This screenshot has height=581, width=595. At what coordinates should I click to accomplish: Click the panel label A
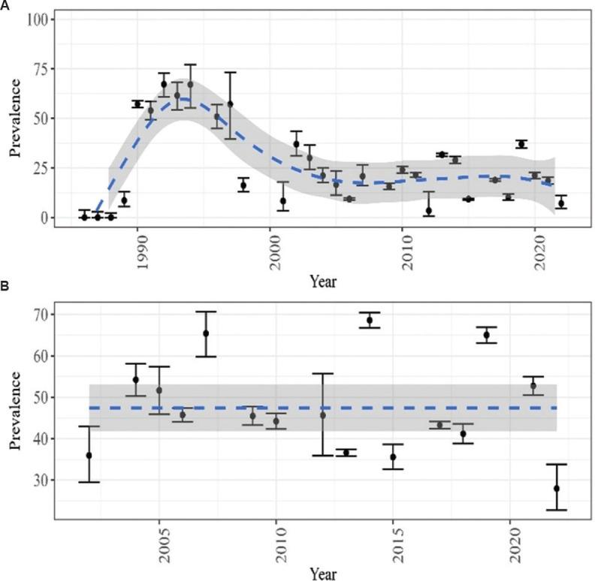[x=5, y=5]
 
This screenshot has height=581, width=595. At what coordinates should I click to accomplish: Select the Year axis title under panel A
[x=323, y=282]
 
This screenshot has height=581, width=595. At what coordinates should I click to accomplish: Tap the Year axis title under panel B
[x=323, y=573]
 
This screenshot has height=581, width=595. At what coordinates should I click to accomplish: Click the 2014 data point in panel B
[x=369, y=321]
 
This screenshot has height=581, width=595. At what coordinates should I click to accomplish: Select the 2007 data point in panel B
[x=205, y=333]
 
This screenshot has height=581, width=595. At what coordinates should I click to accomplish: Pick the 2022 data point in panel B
[x=557, y=489]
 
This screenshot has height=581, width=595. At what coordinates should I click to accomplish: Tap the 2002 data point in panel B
[x=89, y=456]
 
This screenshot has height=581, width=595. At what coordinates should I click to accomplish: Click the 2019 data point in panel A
[x=521, y=143]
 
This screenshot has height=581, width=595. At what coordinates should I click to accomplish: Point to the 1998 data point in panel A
[x=243, y=185]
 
